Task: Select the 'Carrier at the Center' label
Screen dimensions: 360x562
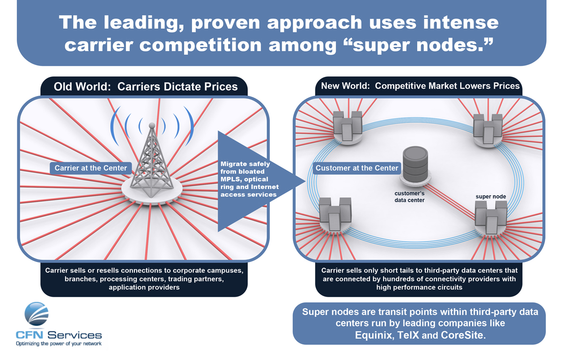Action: pyautogui.click(x=91, y=168)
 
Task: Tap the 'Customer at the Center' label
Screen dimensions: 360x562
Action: pyautogui.click(x=357, y=168)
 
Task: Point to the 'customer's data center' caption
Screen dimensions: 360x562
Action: pyautogui.click(x=409, y=196)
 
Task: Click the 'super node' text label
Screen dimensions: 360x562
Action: pyautogui.click(x=490, y=196)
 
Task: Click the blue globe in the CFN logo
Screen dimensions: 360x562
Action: pyautogui.click(x=36, y=315)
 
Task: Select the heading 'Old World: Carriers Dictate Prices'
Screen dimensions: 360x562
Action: pyautogui.click(x=146, y=87)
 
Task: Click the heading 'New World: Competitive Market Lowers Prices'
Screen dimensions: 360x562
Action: pyautogui.click(x=420, y=86)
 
